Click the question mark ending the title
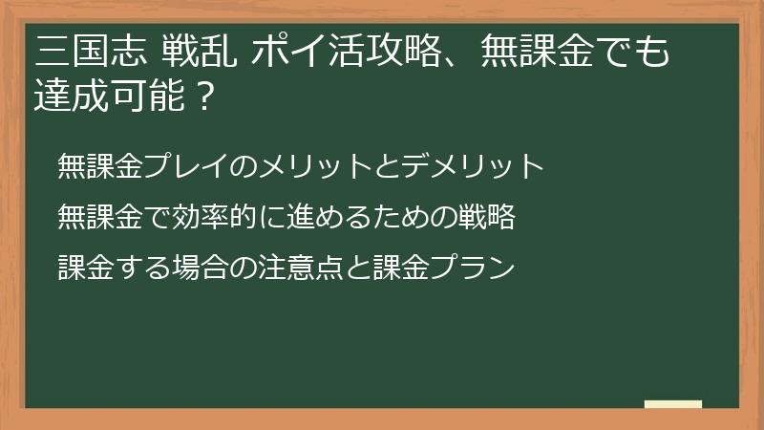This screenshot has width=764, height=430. click(202, 97)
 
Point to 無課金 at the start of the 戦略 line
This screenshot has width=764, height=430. click(97, 218)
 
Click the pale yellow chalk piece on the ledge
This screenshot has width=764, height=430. click(673, 404)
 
